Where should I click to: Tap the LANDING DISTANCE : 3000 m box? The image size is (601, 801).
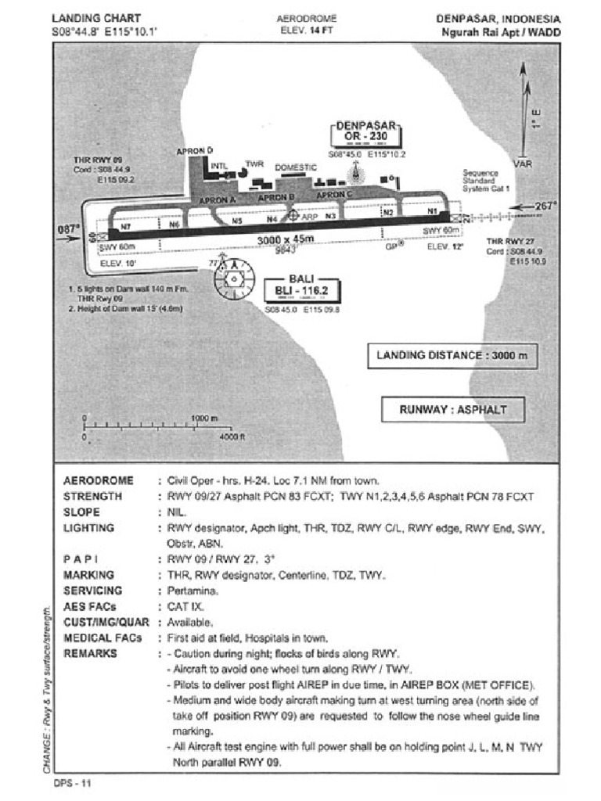452,355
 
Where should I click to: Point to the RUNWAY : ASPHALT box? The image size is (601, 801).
452,409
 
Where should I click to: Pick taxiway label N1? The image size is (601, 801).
431,212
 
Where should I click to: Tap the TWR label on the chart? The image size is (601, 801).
254,164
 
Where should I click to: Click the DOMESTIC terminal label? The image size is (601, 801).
296,167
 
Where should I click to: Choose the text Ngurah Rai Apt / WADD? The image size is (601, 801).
501,32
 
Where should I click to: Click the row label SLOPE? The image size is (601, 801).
81,512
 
